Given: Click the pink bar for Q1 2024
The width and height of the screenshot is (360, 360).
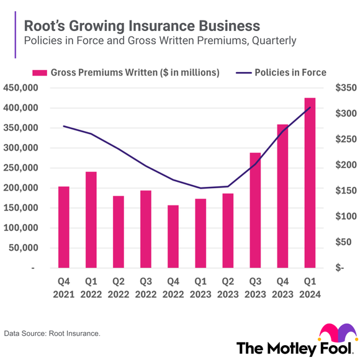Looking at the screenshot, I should [x=310, y=182].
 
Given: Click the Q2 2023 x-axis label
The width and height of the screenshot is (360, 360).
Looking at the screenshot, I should [x=228, y=289].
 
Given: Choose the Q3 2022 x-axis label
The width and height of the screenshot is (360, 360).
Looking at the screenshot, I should [x=146, y=289].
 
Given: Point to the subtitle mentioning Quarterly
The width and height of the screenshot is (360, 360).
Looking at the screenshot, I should [x=160, y=41].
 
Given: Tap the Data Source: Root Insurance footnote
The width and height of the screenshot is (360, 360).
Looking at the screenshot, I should [x=52, y=334].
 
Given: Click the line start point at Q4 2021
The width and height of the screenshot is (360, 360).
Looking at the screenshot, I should [x=64, y=127].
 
